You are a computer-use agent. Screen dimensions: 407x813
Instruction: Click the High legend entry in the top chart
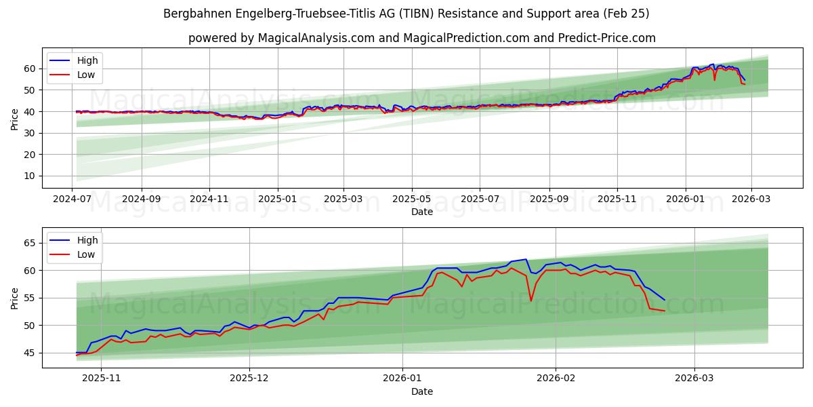click(87, 60)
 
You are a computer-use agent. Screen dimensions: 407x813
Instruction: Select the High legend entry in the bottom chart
click(87, 240)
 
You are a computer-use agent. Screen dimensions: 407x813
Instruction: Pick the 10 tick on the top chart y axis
click(30, 176)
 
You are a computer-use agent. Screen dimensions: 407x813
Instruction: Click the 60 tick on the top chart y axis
click(30, 69)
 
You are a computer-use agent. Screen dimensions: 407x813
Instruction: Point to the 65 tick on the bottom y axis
click(30, 243)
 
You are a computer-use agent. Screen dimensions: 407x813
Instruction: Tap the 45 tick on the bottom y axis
click(30, 353)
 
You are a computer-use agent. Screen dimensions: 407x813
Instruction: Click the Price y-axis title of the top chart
click(15, 119)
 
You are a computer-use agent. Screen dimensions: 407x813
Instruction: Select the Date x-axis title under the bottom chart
click(421, 391)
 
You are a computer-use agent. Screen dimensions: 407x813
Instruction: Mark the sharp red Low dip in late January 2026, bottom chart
click(531, 301)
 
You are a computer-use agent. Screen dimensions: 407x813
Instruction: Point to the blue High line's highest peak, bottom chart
click(526, 259)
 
